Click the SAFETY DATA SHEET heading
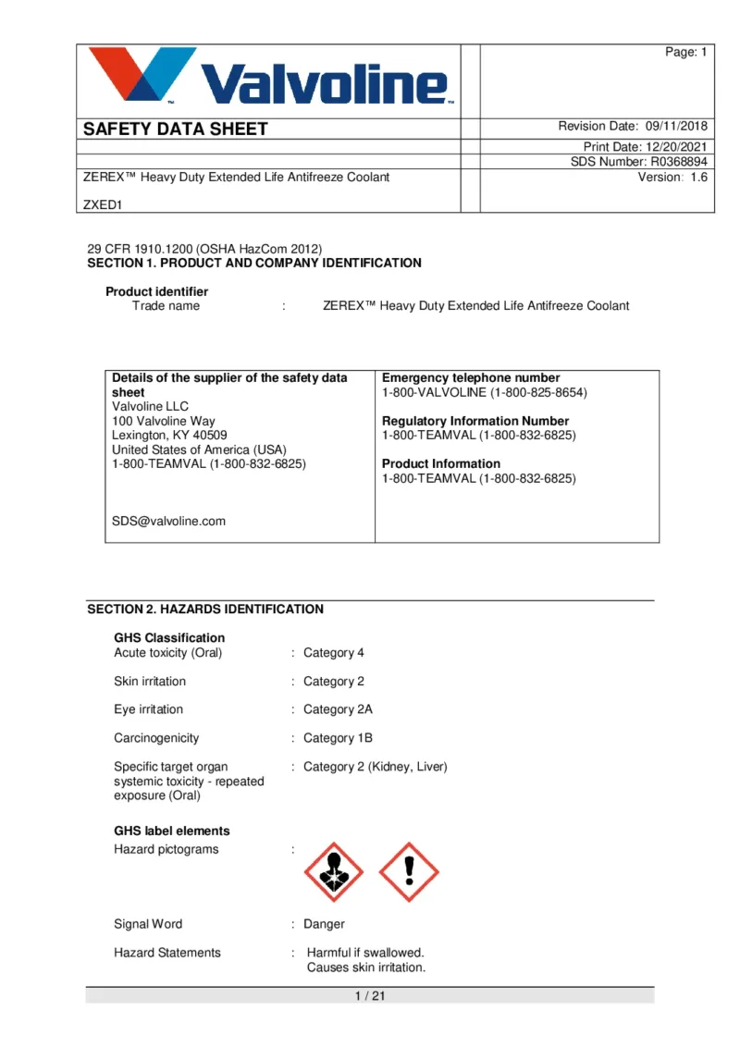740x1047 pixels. pyautogui.click(x=175, y=129)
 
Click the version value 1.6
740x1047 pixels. pyautogui.click(x=698, y=177)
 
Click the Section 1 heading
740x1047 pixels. pyautogui.click(x=253, y=264)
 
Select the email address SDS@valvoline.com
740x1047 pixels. pyautogui.click(x=168, y=521)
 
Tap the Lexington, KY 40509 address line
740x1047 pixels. pyautogui.click(x=169, y=435)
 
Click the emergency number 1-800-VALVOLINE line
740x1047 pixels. pyautogui.click(x=484, y=392)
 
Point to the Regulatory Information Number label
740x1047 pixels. pyautogui.click(x=475, y=421)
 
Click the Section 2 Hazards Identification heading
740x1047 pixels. pyautogui.click(x=205, y=610)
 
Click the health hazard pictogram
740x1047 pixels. pyautogui.click(x=335, y=872)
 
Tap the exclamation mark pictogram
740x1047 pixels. pyautogui.click(x=409, y=872)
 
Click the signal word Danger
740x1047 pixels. pyautogui.click(x=324, y=924)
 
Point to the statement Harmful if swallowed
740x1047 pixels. pyautogui.click(x=365, y=953)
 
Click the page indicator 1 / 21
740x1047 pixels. pyautogui.click(x=370, y=995)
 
